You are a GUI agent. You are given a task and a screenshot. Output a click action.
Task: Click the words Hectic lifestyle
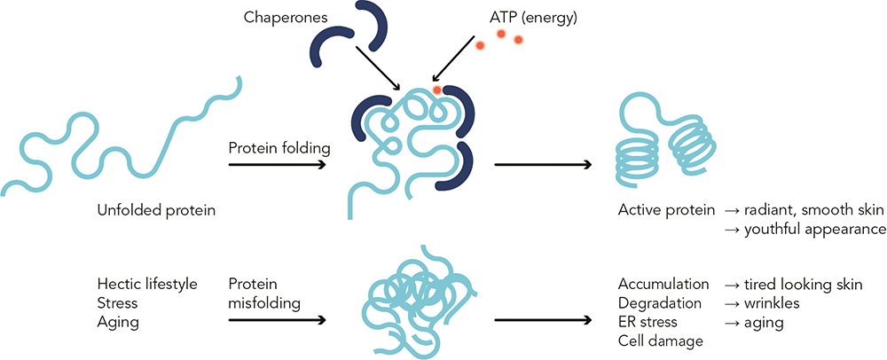pyautogui.click(x=147, y=284)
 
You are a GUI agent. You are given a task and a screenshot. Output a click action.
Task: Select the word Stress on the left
pyautogui.click(x=117, y=303)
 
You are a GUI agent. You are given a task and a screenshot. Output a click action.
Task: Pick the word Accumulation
pyautogui.click(x=663, y=284)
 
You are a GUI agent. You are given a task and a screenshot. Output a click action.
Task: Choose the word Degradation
pyautogui.click(x=661, y=303)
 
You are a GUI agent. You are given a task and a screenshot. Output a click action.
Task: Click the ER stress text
pyautogui.click(x=648, y=322)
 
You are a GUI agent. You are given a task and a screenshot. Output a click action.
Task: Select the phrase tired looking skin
pyautogui.click(x=804, y=284)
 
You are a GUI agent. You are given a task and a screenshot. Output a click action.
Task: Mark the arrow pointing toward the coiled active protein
pyautogui.click(x=543, y=165)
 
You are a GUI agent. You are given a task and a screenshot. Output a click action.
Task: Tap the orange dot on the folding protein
pyautogui.click(x=437, y=90)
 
